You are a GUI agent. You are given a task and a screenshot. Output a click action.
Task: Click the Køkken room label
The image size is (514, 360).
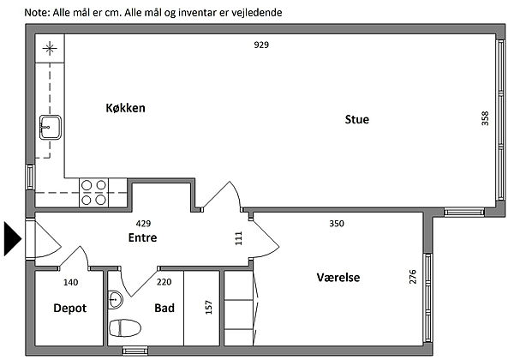[126, 108]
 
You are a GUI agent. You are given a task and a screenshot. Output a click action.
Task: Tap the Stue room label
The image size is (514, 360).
[357, 119]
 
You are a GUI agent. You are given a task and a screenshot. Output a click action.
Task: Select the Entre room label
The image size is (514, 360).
[142, 237]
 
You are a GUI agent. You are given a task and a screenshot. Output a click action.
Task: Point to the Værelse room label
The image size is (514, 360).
[338, 278]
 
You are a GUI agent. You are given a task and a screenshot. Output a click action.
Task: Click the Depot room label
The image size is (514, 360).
[70, 309]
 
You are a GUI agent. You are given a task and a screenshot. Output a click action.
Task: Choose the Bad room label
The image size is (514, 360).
[164, 309]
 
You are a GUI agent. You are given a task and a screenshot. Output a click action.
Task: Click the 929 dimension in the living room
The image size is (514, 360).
[261, 45]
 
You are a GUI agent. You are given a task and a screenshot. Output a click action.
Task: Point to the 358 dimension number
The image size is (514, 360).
[485, 118]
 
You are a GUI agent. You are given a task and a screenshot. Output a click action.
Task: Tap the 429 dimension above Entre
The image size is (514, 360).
[143, 224]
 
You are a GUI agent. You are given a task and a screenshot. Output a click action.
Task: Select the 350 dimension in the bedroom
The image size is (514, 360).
[337, 224]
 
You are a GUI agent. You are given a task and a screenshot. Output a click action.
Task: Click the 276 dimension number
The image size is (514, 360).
[413, 276]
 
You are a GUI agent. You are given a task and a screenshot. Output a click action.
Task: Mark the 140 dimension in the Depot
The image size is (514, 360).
[71, 282]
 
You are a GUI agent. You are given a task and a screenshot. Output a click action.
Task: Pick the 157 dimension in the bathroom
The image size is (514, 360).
[209, 307]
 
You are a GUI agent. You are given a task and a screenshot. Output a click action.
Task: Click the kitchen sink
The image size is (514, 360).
[51, 127]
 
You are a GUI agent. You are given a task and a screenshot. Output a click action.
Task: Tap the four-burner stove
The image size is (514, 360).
[93, 193]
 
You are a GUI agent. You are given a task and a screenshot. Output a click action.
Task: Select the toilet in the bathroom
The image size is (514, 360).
[125, 328]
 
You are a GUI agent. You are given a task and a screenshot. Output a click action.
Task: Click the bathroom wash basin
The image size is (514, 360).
[116, 300]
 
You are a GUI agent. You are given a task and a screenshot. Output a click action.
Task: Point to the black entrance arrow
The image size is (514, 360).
[13, 238]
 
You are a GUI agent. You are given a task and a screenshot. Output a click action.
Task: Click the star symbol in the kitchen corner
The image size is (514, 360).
[50, 49]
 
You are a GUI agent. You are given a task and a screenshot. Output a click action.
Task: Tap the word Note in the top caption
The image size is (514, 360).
[36, 13]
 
